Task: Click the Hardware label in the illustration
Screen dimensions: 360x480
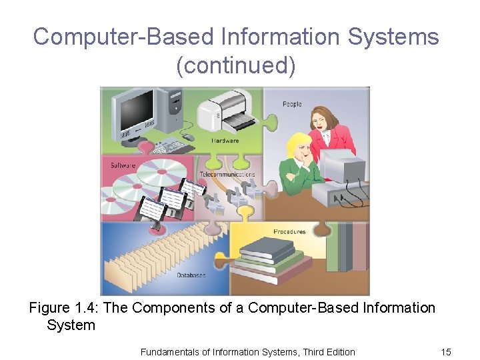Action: (x=225, y=141)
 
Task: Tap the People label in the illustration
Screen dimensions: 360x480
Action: (x=292, y=104)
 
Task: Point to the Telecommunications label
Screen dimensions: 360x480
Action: (x=227, y=175)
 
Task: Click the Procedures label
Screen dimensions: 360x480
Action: (x=289, y=232)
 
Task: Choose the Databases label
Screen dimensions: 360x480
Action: (x=191, y=275)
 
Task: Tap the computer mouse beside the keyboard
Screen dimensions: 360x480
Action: (x=189, y=137)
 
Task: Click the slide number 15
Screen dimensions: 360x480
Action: (x=445, y=351)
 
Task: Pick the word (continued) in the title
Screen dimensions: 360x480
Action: (x=235, y=65)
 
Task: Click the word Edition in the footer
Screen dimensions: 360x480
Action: (x=337, y=351)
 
